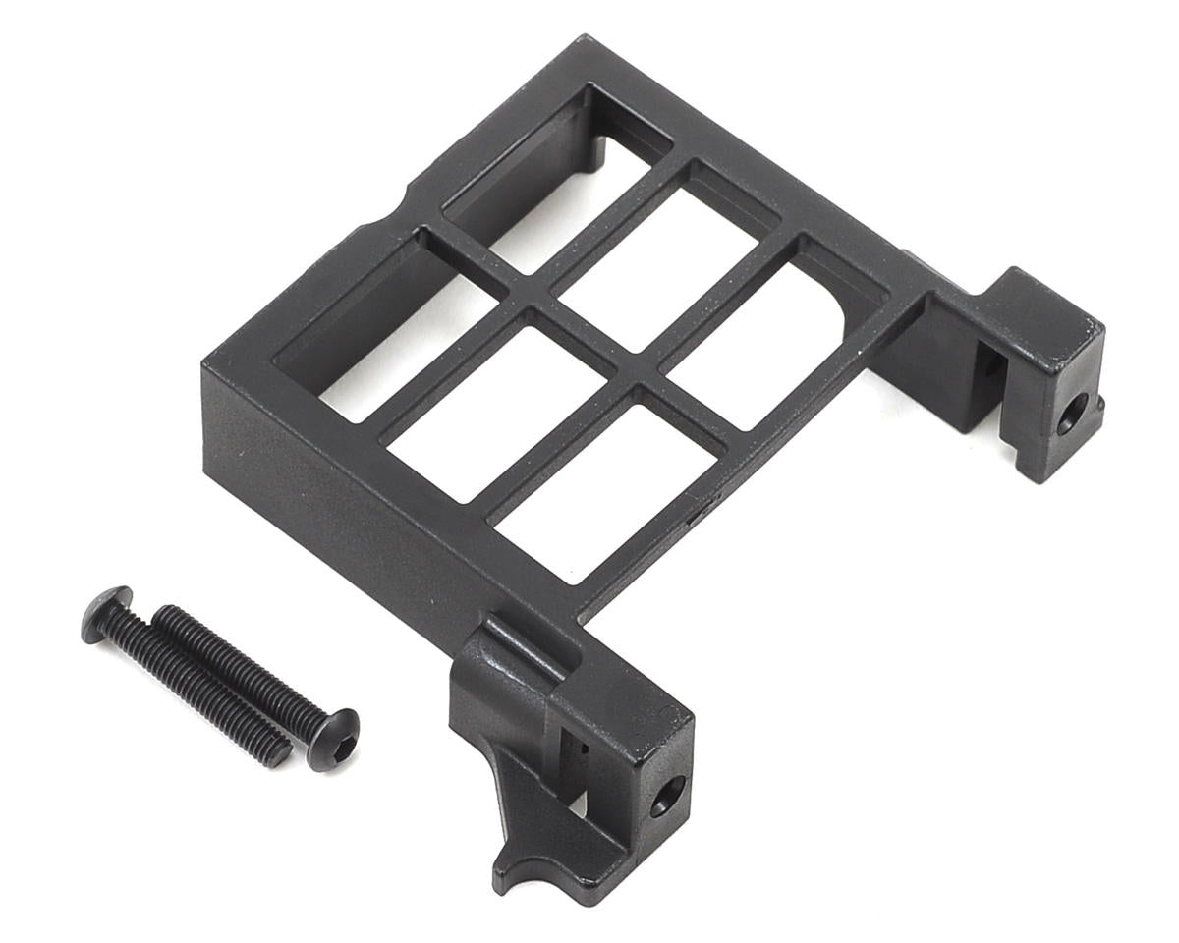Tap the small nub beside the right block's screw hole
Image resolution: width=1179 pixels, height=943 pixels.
[1098, 403]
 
